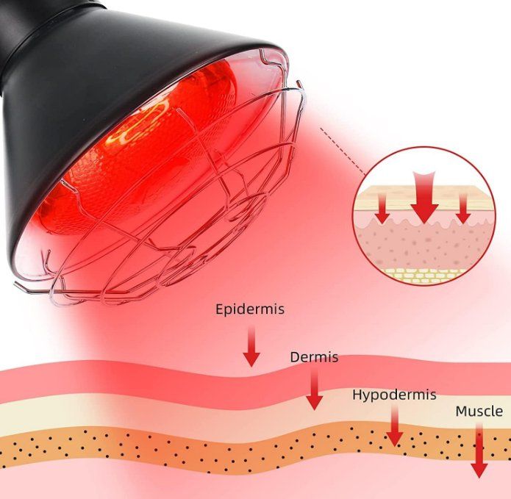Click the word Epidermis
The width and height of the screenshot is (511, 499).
(x=250, y=309)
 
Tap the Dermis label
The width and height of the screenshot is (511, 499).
(x=314, y=357)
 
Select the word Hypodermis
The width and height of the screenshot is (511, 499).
(x=394, y=395)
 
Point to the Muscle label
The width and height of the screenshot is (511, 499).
(x=479, y=411)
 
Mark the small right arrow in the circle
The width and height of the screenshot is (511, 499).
(x=463, y=209)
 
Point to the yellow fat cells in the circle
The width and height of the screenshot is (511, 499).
(x=423, y=273)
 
